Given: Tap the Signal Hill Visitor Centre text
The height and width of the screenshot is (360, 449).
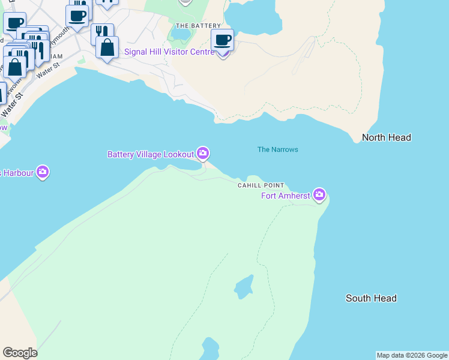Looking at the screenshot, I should click(169, 52).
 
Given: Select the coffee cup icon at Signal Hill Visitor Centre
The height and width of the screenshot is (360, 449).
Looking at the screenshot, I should click(223, 40).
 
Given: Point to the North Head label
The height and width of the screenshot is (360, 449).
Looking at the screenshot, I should click(386, 138).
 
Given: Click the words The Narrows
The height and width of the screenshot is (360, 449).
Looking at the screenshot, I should click(277, 149).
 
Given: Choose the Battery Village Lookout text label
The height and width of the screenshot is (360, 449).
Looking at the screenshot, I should click(151, 155).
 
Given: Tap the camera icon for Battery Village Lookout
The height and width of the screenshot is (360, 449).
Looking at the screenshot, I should click(203, 154).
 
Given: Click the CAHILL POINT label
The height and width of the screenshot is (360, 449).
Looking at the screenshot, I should click(261, 186).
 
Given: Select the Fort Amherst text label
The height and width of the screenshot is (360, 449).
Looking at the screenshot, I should click(285, 196).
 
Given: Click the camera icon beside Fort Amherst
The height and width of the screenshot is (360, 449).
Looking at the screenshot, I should click(319, 194).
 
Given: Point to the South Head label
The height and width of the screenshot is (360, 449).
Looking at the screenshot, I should click(371, 298).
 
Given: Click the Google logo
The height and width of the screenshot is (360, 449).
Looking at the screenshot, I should click(20, 353).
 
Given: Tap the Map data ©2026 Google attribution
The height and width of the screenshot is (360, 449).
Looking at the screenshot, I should click(412, 355).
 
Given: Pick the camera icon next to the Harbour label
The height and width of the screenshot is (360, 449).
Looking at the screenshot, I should click(42, 172).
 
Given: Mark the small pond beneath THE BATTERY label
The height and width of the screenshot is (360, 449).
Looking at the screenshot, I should click(181, 35).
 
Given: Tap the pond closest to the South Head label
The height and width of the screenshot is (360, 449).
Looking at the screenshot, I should click(243, 287).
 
